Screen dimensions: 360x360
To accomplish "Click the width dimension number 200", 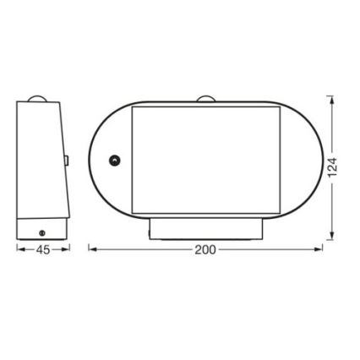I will click(205, 249).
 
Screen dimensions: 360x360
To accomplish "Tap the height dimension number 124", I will click(332, 166).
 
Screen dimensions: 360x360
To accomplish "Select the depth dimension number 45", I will click(42, 249).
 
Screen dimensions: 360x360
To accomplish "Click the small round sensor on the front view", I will click(115, 161).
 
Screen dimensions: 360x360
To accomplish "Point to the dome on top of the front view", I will click(205, 100).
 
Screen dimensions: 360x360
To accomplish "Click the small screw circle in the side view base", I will click(42, 231).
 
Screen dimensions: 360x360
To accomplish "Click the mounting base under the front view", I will click(205, 230).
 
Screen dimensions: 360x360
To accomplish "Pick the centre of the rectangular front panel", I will click(205, 161).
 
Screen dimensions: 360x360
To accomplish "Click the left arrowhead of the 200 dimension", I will click(92, 249).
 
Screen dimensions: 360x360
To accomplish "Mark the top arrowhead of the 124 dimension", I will click(332, 100).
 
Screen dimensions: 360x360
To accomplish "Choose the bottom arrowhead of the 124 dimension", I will click(332, 236).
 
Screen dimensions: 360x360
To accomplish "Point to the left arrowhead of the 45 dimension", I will click(19, 249).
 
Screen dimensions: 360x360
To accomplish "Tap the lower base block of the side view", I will click(41, 229).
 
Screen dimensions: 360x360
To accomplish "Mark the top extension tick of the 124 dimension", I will click(332, 95).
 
